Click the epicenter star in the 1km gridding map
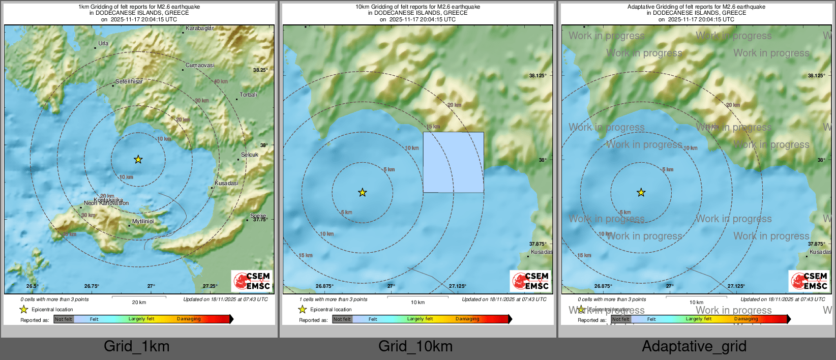coord(138,159)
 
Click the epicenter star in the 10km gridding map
coord(362,192)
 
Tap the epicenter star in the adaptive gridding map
coord(641,192)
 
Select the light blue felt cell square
coord(453,162)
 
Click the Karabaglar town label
coord(199,28)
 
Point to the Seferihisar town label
coord(129,81)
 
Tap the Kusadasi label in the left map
coord(226,183)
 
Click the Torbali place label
coord(249,95)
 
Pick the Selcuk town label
coord(250,155)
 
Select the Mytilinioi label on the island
coord(143,221)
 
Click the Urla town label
coord(103,43)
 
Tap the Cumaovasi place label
coord(200,65)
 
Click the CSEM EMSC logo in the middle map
coord(530,281)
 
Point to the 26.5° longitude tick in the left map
coord(32,286)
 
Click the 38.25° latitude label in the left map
coord(260,70)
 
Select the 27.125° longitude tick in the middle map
coord(457,286)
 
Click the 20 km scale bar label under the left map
coord(139,303)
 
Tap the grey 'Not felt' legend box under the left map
coord(64,319)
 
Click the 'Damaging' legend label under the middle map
coord(467,319)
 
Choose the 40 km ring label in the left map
coord(221,81)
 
